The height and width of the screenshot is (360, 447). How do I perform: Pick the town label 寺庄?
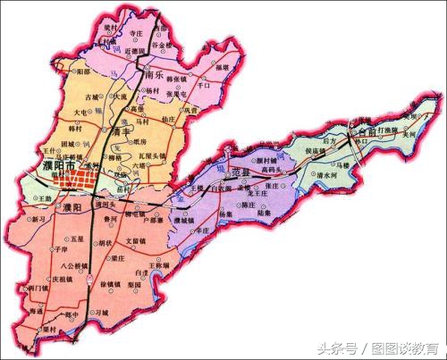(x=137, y=32)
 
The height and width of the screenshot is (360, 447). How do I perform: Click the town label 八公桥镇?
(x=65, y=266)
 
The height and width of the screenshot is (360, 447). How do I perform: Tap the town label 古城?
(x=90, y=96)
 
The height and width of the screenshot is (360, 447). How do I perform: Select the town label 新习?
(x=38, y=219)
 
